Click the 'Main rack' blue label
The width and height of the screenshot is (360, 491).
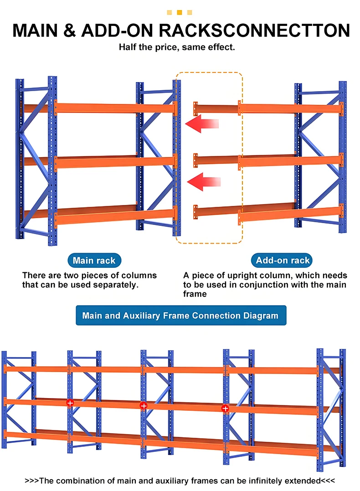pos(94,260)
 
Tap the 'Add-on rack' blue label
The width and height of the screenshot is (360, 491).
pos(283,260)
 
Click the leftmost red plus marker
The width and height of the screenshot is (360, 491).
pos(70,403)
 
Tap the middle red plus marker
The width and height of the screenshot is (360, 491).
pos(144,405)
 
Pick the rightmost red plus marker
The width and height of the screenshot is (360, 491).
pos(225,409)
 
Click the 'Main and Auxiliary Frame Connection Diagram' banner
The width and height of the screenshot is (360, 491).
pos(180,315)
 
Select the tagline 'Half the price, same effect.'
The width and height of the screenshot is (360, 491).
pos(177,47)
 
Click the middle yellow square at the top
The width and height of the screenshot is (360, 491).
pos(180,12)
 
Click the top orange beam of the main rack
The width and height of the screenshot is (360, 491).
pos(114,107)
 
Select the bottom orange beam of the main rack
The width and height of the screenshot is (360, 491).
pos(114,215)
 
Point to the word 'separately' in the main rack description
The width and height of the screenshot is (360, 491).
pos(114,285)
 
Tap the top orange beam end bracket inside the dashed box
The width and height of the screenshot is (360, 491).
pos(195,108)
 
